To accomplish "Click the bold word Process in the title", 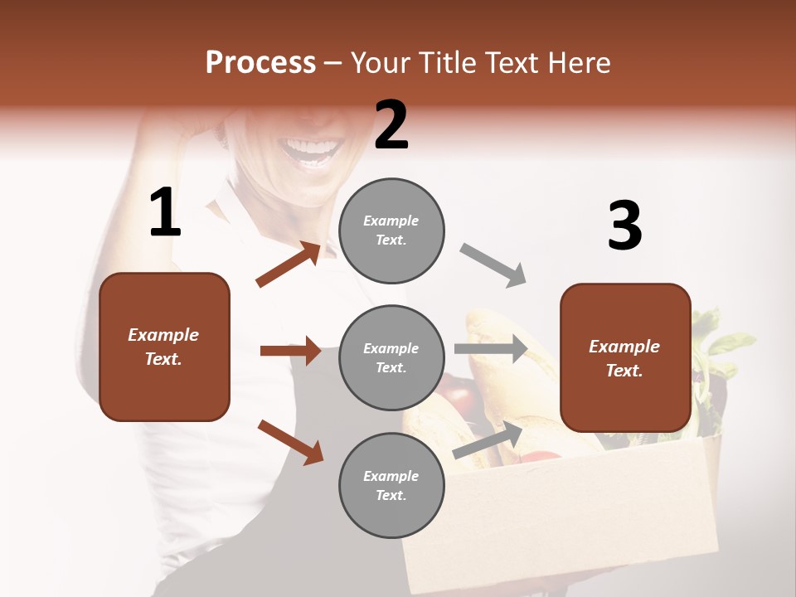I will click(260, 63).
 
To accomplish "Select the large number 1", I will click(164, 213).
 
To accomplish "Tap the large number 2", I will click(391, 125).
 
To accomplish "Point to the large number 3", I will click(624, 226).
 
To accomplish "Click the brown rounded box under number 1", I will click(164, 347).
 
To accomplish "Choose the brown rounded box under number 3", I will click(625, 358).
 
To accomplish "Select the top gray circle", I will click(391, 231).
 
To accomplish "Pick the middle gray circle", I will click(391, 358).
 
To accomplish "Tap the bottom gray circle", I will click(391, 486).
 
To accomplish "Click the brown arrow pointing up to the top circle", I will click(289, 264).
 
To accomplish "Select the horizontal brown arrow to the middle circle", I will click(290, 351).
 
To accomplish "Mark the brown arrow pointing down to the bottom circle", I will click(290, 441).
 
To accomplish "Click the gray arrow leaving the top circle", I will click(493, 265).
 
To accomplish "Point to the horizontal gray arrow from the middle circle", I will click(491, 349).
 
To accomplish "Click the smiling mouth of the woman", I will click(313, 152).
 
